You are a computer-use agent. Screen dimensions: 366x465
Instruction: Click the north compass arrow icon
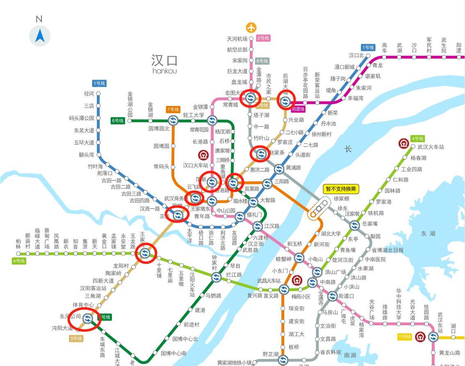(x=40, y=36)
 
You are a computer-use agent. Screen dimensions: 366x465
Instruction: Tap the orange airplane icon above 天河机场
(x=251, y=28)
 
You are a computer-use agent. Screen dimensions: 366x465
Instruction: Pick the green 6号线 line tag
(x=118, y=120)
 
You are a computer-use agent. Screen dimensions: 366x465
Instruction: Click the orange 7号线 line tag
(x=173, y=109)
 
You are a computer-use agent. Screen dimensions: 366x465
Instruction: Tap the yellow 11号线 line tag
(x=404, y=337)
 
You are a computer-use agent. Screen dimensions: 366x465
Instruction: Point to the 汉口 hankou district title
(x=164, y=63)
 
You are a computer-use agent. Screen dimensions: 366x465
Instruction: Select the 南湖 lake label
(x=350, y=355)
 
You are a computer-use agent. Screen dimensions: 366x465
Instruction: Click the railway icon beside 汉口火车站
(x=203, y=155)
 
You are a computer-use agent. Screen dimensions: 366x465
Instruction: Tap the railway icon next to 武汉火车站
(x=403, y=143)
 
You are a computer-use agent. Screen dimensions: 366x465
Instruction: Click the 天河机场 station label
(x=237, y=39)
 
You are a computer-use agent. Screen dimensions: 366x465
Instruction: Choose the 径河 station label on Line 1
(x=89, y=94)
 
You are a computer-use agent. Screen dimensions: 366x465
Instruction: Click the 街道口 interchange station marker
(x=333, y=296)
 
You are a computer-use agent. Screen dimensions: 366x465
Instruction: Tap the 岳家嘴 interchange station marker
(x=355, y=225)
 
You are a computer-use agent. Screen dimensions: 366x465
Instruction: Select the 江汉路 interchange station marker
(x=258, y=226)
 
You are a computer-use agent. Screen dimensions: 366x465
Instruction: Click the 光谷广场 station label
(x=372, y=307)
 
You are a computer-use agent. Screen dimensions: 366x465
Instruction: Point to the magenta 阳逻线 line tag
(x=299, y=109)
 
